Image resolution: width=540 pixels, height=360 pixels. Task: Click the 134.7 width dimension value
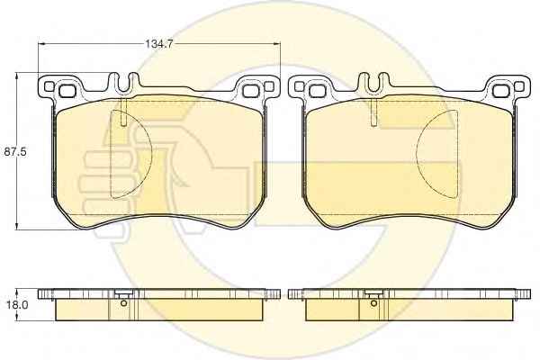158,44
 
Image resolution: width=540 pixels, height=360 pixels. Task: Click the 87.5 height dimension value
15,152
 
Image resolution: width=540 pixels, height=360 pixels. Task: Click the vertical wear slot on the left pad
124,112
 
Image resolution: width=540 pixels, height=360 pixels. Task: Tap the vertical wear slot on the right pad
374,112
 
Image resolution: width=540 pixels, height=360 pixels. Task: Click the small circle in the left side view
124,303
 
